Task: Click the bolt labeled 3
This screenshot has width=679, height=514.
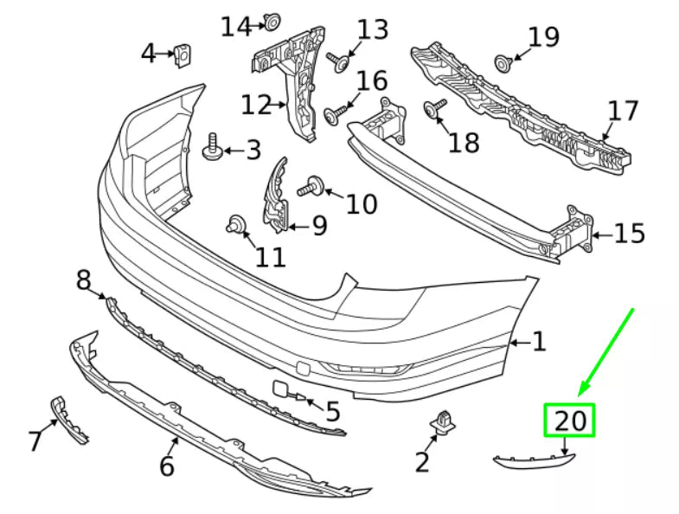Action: (x=211, y=150)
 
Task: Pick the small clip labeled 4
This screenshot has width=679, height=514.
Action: (x=183, y=55)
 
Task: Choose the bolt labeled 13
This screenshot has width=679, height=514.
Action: (x=339, y=61)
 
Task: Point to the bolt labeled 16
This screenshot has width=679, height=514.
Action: (x=336, y=112)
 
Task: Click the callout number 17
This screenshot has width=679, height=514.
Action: (x=622, y=112)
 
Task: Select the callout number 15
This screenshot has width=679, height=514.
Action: (x=630, y=234)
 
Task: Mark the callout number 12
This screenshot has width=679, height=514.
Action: (x=257, y=106)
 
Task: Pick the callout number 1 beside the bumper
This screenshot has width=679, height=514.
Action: (x=539, y=343)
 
